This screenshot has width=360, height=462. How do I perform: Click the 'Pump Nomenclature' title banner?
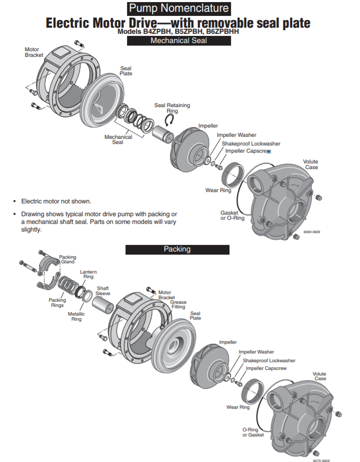tap(179, 9)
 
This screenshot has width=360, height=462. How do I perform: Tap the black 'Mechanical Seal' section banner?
tap(179, 40)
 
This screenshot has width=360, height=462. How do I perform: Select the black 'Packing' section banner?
tap(177, 249)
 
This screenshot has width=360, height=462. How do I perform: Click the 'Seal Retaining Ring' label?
tap(172, 108)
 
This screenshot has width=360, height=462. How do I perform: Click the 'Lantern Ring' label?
tap(89, 274)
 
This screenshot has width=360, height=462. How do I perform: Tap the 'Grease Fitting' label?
tap(178, 304)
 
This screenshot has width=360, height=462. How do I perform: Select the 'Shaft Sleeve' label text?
tap(103, 291)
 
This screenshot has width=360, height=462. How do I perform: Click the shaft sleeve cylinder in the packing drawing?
tap(103, 306)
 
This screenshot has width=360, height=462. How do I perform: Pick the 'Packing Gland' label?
tap(68, 259)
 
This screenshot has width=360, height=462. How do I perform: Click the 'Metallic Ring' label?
tap(76, 317)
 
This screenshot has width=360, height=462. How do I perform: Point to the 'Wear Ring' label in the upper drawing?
tap(218, 191)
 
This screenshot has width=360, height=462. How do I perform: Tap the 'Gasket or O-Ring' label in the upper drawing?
tap(232, 215)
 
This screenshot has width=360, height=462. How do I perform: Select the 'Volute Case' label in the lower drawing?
tap(320, 376)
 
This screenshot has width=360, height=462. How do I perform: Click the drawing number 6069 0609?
tap(312, 232)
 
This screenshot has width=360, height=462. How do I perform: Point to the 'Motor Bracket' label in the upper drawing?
tap(34, 52)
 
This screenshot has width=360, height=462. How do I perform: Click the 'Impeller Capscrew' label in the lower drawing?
tap(266, 368)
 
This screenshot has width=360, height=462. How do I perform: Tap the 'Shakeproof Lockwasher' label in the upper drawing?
tap(251, 144)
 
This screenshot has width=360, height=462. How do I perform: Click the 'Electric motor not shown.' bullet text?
tap(56, 201)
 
